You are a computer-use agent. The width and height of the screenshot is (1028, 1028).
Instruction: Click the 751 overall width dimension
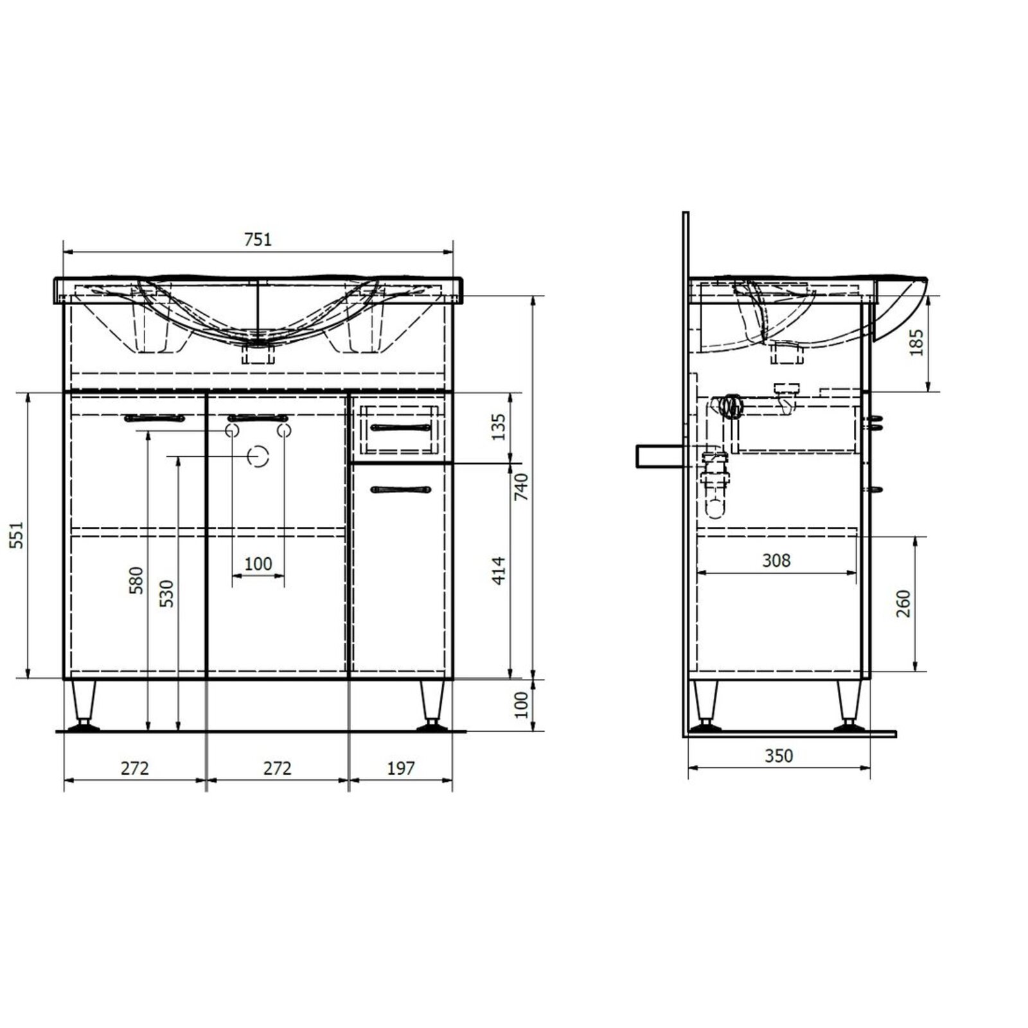coord(258,239)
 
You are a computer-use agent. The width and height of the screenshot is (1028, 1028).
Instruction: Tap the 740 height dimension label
coord(520,487)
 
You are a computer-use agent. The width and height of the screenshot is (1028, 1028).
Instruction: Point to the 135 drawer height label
coord(499,427)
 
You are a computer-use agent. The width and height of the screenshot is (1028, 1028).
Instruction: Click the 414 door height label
coord(499,571)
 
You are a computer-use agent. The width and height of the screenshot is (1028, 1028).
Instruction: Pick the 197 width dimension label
coord(401,768)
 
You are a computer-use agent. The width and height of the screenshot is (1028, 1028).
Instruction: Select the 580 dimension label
coord(136,580)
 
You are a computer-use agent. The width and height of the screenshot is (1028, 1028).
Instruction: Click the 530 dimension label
coord(166,594)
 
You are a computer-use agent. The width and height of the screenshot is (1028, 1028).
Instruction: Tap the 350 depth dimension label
coord(779,756)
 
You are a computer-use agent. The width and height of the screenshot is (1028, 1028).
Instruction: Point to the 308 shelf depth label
coord(776,561)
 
